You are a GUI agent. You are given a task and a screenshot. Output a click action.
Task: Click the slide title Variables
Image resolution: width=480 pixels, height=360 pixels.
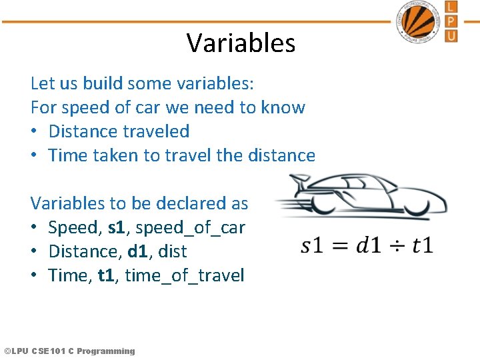241,43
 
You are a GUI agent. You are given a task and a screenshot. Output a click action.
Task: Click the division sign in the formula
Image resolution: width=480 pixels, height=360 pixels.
397,245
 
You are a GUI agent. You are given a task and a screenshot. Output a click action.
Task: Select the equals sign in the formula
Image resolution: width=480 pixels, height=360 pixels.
340,245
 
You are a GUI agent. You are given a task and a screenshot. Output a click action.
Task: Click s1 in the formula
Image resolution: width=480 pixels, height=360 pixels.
312,245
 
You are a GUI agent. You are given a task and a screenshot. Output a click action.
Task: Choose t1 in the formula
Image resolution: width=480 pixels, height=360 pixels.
423,245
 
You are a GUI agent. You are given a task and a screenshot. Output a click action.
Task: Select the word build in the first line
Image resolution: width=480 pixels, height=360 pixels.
103,83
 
